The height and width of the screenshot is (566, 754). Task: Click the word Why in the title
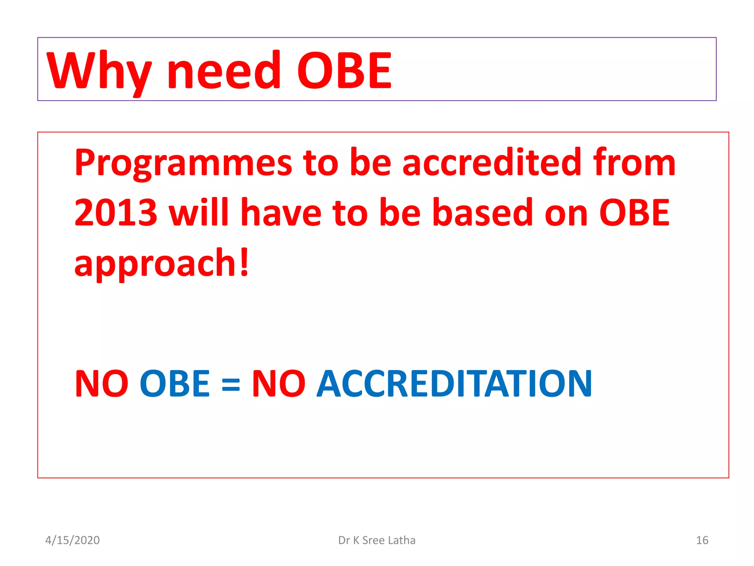[99, 71]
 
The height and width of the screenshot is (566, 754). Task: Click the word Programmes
[183, 163]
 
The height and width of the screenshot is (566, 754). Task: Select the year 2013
[116, 213]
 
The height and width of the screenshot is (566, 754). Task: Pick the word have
[281, 213]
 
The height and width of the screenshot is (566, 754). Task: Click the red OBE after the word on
[634, 213]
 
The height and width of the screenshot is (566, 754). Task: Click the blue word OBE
[175, 384]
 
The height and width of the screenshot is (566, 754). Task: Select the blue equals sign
[231, 385]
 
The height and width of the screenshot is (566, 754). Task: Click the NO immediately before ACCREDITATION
[278, 384]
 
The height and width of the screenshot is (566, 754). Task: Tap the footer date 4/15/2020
[73, 540]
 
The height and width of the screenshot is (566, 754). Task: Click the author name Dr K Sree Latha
[377, 540]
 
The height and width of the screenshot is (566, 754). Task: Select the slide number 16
[702, 540]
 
